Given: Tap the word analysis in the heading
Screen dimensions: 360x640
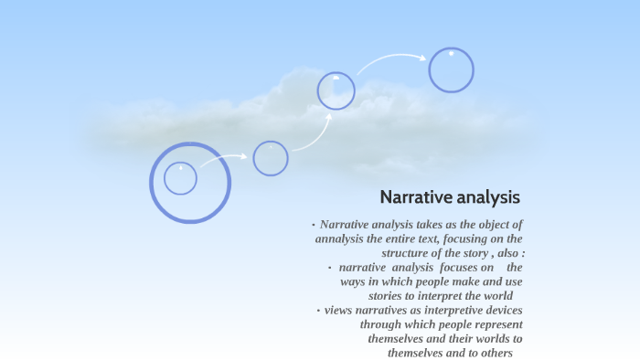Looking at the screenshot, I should click(x=490, y=197).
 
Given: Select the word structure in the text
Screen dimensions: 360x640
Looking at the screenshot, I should click(x=409, y=253).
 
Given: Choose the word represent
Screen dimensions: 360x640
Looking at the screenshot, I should click(x=494, y=324).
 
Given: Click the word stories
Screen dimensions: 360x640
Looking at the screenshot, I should click(x=389, y=296).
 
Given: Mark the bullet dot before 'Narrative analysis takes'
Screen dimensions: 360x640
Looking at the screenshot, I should click(x=313, y=225).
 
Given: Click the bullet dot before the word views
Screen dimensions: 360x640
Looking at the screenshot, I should click(x=318, y=311).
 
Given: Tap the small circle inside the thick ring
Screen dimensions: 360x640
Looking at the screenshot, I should click(x=181, y=178).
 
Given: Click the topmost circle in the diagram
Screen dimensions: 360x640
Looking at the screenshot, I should click(x=452, y=70).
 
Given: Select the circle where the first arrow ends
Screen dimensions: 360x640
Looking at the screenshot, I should click(x=271, y=158).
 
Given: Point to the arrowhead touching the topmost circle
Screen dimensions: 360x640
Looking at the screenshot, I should click(x=422, y=58).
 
